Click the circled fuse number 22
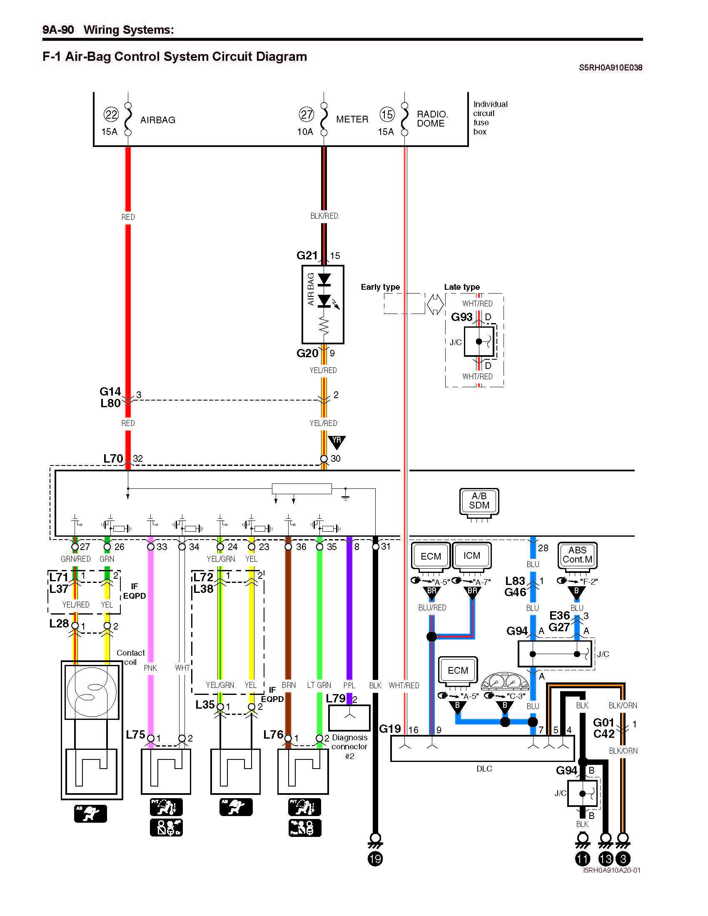coord(111,114)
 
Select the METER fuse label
coord(352,119)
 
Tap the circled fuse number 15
coord(387,114)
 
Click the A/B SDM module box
coord(479,501)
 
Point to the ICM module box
coord(471,556)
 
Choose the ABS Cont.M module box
coord(577,555)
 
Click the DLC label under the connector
coord(484,769)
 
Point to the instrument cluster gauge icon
coord(505,682)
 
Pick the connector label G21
coord(307,255)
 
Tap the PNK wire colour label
coord(150,668)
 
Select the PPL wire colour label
coord(349,685)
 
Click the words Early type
coord(380,287)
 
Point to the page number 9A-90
coord(58,30)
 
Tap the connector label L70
coord(113,458)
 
